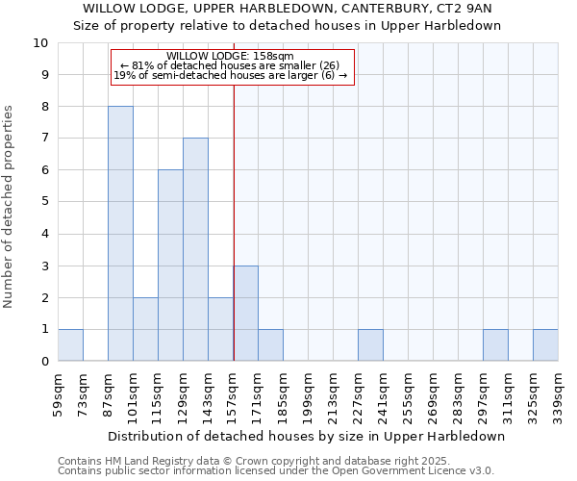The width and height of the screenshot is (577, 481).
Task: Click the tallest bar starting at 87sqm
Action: (120, 234)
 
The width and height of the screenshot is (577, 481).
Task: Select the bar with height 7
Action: (195, 249)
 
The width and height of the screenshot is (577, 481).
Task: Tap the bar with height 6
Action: (170, 266)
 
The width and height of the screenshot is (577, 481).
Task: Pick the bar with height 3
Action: (245, 314)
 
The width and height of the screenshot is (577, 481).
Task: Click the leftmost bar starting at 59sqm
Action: (70, 345)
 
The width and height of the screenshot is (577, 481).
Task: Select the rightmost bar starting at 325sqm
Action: (545, 345)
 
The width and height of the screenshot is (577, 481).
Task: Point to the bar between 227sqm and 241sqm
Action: (370, 345)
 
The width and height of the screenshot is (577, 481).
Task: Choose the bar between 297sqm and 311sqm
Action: (495, 345)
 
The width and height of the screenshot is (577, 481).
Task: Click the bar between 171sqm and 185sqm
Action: (270, 345)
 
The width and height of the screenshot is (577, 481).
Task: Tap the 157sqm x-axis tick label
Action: (234, 393)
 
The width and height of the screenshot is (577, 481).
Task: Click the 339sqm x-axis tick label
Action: (559, 393)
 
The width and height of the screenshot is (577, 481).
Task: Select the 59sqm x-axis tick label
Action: (59, 393)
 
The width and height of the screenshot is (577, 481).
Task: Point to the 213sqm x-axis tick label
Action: (334, 393)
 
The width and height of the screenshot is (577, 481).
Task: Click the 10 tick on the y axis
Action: (40, 43)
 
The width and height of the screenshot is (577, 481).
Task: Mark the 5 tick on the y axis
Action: (44, 202)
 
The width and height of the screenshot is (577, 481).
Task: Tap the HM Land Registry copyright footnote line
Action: (275, 461)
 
